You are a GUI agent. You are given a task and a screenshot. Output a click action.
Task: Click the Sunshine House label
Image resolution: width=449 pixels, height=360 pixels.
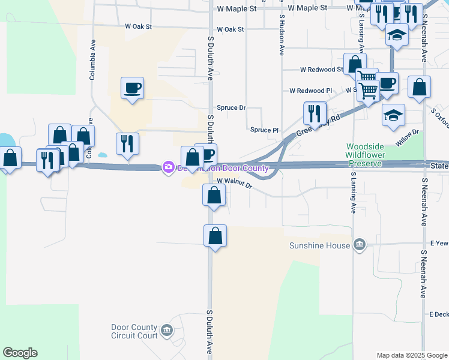pyautogui.click(x=320, y=245)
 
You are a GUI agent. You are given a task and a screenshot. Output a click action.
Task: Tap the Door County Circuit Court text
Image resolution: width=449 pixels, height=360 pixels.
pyautogui.click(x=134, y=331)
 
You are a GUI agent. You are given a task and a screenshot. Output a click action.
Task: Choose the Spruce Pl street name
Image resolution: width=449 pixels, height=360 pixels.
pyautogui.click(x=264, y=130)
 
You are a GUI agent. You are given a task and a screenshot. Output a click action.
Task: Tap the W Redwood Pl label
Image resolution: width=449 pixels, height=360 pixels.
pyautogui.click(x=310, y=91)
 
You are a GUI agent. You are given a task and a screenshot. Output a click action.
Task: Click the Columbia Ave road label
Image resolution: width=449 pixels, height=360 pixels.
pyautogui.click(x=92, y=60)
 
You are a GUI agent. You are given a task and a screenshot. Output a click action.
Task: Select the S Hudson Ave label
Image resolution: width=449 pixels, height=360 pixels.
pyautogui.click(x=280, y=36)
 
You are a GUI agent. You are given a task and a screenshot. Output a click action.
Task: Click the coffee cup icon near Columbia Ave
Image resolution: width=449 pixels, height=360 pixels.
pyautogui.click(x=132, y=88)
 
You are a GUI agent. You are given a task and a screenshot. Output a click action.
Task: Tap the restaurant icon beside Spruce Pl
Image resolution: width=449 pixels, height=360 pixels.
pyautogui.click(x=315, y=113)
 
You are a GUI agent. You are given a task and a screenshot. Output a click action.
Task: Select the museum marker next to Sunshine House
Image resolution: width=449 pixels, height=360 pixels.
pyautogui.click(x=359, y=244)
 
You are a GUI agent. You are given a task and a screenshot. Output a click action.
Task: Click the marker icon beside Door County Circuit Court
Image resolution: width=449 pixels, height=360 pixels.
pyautogui.click(x=167, y=329)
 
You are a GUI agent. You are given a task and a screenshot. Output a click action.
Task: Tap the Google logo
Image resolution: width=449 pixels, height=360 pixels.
pyautogui.click(x=20, y=353)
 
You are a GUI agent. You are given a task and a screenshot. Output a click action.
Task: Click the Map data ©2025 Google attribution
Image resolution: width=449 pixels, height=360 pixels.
pyautogui.click(x=411, y=355)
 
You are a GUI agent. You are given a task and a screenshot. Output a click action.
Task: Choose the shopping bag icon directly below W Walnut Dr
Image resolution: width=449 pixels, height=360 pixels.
pyautogui.click(x=214, y=195)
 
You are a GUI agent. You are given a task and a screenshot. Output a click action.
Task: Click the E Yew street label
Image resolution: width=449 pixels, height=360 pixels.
pyautogui.click(x=439, y=244)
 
